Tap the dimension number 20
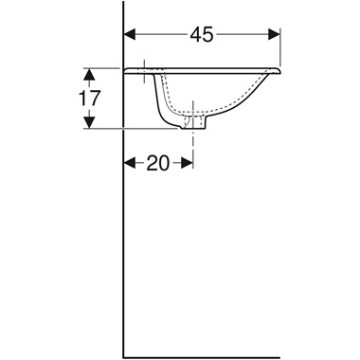(157, 163)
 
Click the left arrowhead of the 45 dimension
(132, 34)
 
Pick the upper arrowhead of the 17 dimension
(90, 73)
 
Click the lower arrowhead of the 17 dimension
(90, 123)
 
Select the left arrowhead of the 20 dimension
(132, 163)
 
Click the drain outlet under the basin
(196, 123)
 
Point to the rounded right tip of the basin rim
(281, 71)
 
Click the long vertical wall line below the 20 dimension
(125, 265)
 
